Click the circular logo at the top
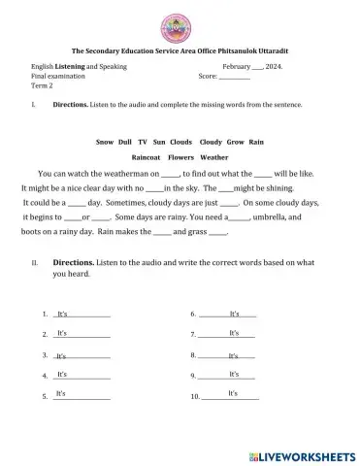(x=180, y=21)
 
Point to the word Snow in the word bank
(x=105, y=142)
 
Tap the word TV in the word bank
(x=143, y=142)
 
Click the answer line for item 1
(x=82, y=316)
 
